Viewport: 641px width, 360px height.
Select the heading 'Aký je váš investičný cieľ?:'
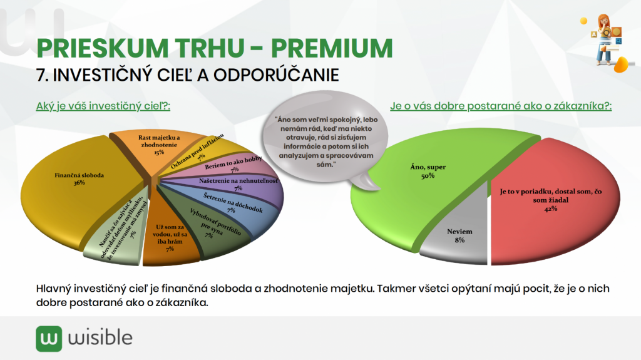103,106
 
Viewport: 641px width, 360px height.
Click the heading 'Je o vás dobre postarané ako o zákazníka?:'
501,106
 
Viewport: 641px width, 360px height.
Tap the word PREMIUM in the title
332,48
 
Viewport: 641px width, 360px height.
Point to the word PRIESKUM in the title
102,48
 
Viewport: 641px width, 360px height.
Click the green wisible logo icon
49,339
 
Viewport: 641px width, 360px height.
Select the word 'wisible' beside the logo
100,338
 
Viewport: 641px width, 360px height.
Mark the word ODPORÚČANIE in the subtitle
276,75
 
